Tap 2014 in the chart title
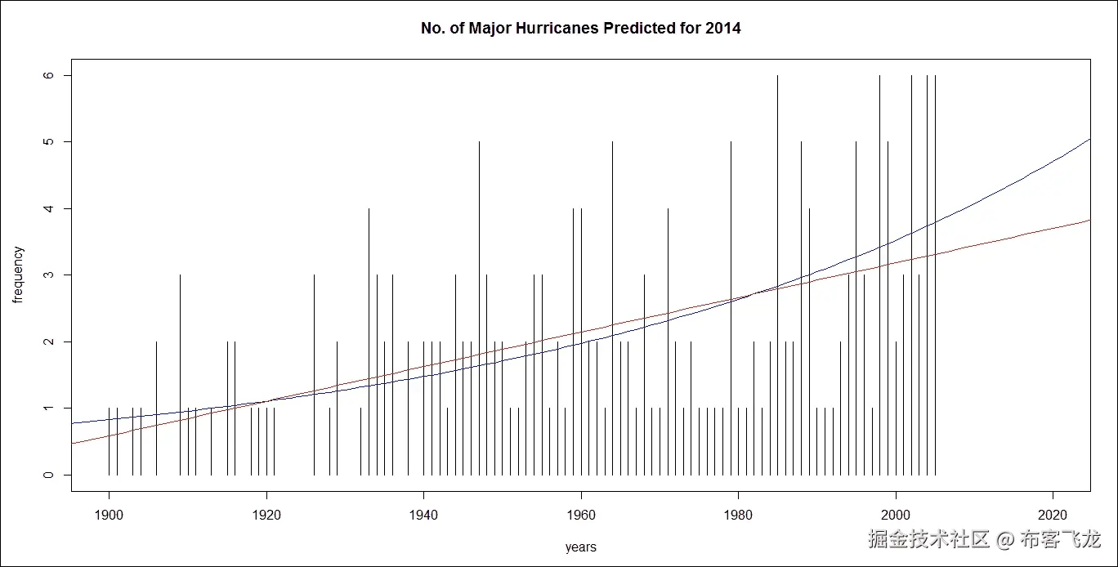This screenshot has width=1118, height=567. point(723,29)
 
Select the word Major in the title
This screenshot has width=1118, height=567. point(495,29)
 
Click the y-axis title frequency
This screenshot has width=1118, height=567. point(19,275)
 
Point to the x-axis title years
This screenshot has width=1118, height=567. point(580,547)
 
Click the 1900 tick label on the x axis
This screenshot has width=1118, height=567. point(109,517)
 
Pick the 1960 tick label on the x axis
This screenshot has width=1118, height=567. point(581,517)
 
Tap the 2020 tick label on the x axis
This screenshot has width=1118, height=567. point(1053,517)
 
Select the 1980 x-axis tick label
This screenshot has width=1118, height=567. point(738,517)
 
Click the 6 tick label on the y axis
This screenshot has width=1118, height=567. point(47,75)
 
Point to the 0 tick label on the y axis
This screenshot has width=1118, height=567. point(47,475)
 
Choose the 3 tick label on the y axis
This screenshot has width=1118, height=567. point(47,275)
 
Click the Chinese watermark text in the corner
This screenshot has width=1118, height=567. point(984,539)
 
